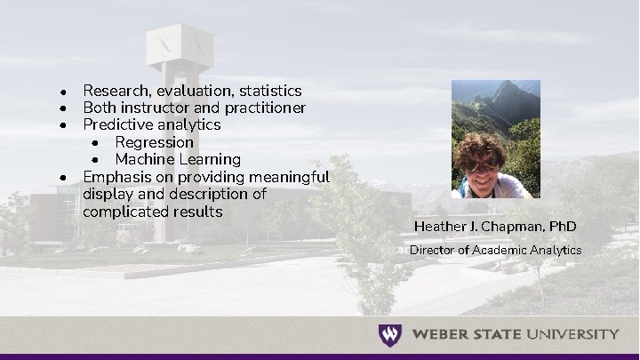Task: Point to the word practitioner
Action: (x=262, y=108)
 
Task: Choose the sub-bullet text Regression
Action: (x=154, y=142)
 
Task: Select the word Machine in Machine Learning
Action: (x=144, y=159)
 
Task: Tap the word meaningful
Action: (x=289, y=176)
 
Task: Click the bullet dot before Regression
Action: (x=96, y=143)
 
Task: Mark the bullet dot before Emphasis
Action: (x=64, y=177)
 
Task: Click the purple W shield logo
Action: (x=389, y=335)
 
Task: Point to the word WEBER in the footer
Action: (x=442, y=335)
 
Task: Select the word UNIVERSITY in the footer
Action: (x=573, y=335)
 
